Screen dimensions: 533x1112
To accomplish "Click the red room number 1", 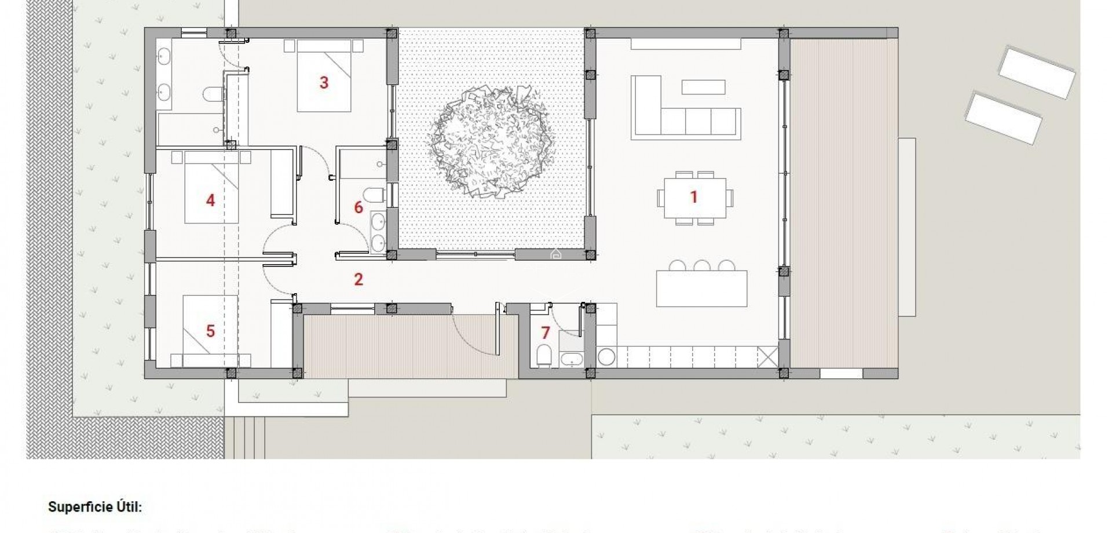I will [693, 197].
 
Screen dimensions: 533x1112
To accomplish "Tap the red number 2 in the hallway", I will [359, 280].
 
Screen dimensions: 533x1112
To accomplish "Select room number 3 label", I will [324, 83].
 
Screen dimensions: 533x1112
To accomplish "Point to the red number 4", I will [210, 200].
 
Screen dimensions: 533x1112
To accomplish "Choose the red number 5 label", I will [210, 331].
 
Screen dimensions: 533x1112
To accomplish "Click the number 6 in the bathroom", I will [359, 207].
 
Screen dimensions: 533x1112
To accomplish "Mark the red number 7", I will [545, 333].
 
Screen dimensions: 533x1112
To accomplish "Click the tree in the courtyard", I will [491, 141].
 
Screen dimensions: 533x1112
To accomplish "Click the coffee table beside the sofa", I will [703, 87].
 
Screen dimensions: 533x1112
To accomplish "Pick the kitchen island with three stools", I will [701, 289].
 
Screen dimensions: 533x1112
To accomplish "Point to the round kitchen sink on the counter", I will [606, 357].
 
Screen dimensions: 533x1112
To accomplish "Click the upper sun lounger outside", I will [1036, 72].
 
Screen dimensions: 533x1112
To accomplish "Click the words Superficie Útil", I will [95, 508].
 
